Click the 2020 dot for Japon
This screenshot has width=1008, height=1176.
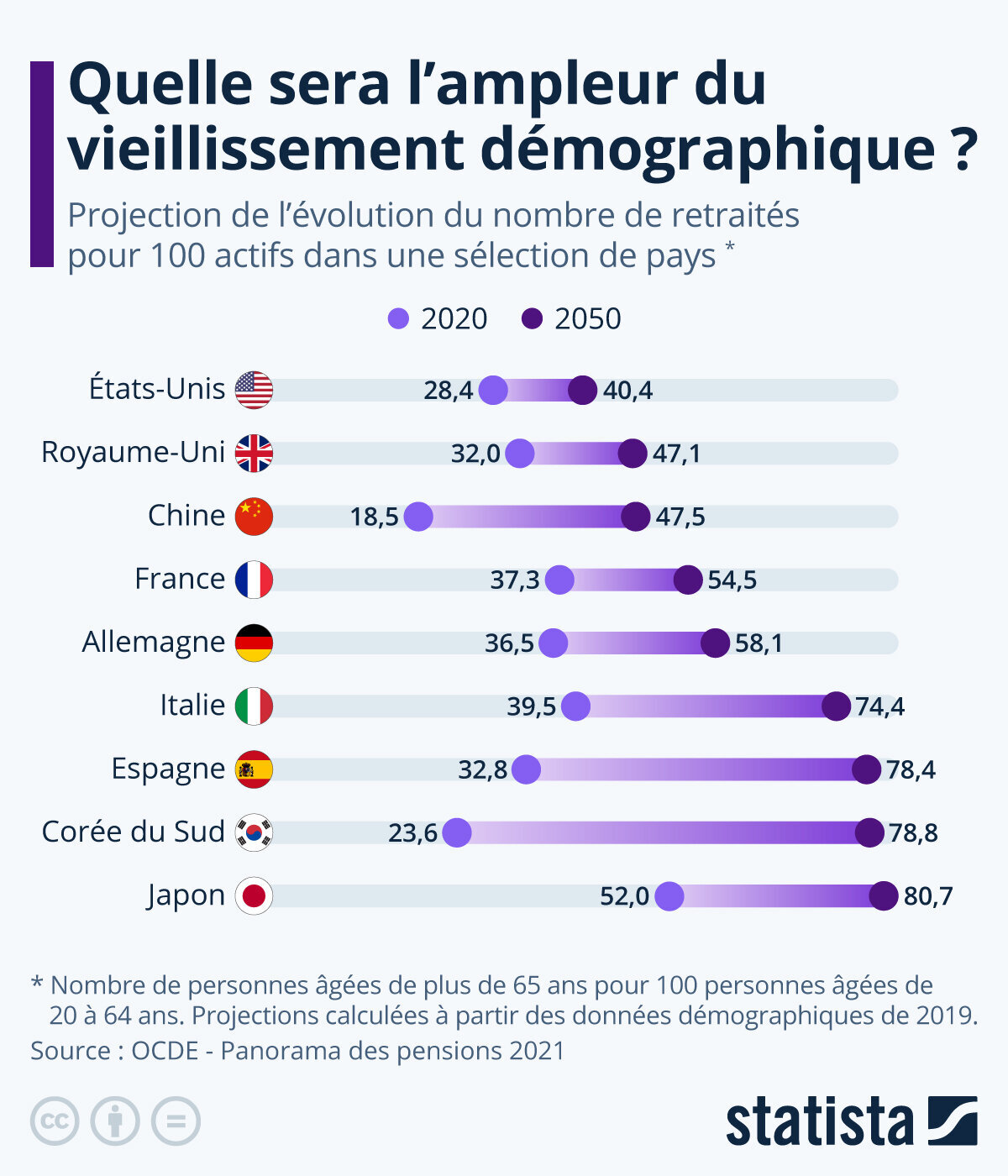tap(669, 896)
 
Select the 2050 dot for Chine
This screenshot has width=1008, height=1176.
tap(636, 517)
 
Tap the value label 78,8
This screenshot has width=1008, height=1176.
tap(913, 833)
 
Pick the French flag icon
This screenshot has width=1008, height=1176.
tap(254, 580)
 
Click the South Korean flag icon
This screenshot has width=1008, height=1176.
tap(254, 832)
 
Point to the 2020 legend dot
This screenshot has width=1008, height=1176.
tap(398, 319)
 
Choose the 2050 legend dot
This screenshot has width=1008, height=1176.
tap(533, 319)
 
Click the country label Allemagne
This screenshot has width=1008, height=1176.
tap(153, 642)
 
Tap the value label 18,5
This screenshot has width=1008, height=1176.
tap(375, 517)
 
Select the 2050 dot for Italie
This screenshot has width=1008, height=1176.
tap(836, 706)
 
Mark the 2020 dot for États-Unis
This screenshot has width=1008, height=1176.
tap(493, 391)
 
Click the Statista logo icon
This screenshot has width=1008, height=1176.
tap(953, 1121)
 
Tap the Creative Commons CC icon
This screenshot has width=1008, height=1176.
tap(55, 1121)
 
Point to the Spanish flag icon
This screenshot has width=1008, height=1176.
tap(254, 769)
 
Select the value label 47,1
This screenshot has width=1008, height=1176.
tap(676, 454)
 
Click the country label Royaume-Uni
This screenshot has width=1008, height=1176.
tap(133, 452)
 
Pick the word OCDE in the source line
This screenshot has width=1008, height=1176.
tap(165, 1051)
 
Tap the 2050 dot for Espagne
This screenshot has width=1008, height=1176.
tap(867, 769)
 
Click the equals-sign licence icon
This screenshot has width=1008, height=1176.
tap(176, 1121)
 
